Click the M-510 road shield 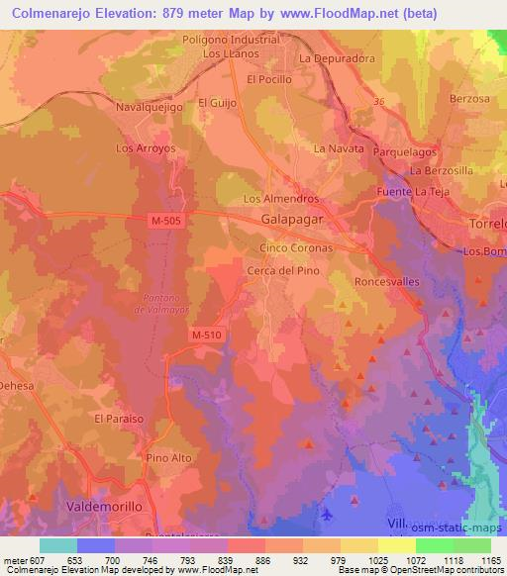(206, 336)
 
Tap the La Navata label (334, 148)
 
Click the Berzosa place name (469, 100)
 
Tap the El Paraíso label (119, 419)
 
